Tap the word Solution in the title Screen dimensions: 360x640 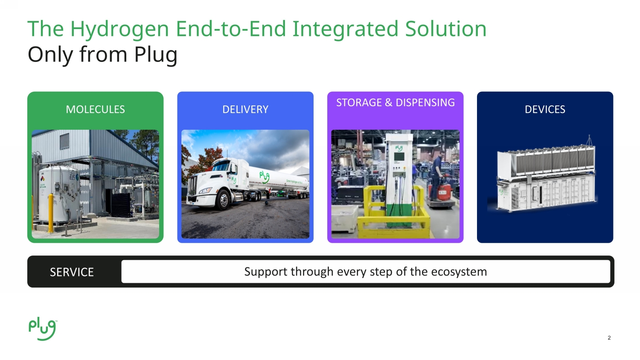pyautogui.click(x=445, y=29)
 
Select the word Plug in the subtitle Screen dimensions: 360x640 pyautogui.click(x=156, y=55)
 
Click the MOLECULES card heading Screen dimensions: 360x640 pyautogui.click(x=95, y=110)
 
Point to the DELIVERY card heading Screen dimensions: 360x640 pyautogui.click(x=245, y=110)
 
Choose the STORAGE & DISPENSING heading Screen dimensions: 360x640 pyautogui.click(x=395, y=103)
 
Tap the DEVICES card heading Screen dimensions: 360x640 pyautogui.click(x=545, y=110)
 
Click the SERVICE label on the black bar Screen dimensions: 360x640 pyautogui.click(x=72, y=272)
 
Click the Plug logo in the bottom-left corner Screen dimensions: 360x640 pyautogui.click(x=42, y=329)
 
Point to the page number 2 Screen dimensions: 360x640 pyautogui.click(x=609, y=338)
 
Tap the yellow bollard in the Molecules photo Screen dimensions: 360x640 pyautogui.click(x=51, y=212)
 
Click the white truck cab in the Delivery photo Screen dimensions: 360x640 pyautogui.click(x=209, y=179)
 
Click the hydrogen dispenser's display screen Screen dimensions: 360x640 pyautogui.click(x=399, y=157)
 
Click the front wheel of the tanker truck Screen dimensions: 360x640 pyautogui.click(x=223, y=200)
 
